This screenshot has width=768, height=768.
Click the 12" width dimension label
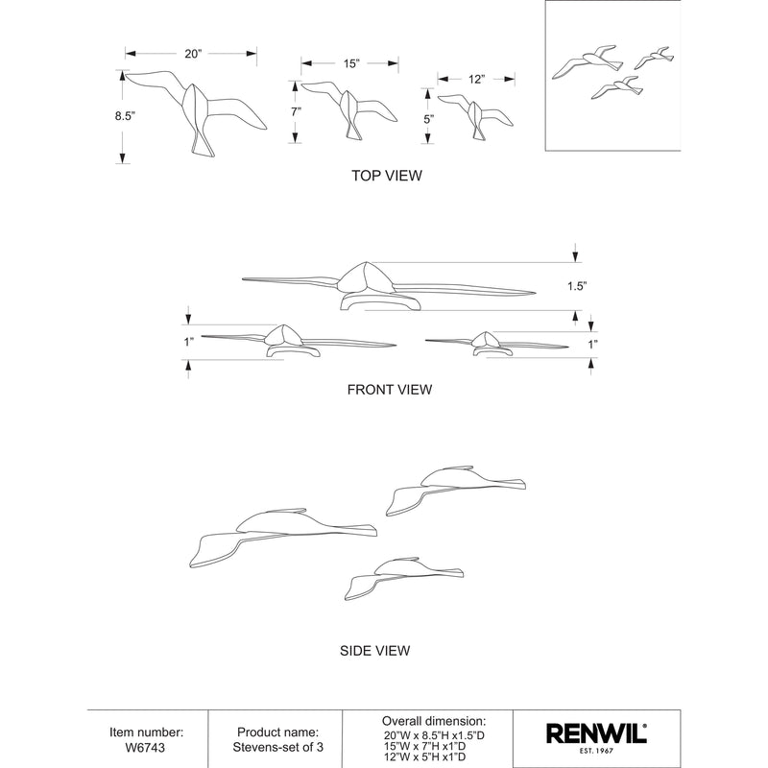[x=477, y=80]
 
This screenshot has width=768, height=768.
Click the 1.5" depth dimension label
[x=576, y=286]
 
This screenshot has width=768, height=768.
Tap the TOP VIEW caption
[x=388, y=177]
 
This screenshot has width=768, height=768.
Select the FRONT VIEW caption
[x=390, y=390]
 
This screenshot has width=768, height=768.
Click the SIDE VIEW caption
[x=375, y=651]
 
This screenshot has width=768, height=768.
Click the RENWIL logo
[x=596, y=734]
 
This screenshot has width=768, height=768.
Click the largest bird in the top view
[x=197, y=110]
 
